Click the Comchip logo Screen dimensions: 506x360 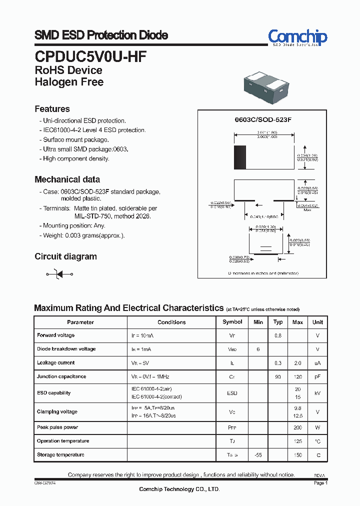297,37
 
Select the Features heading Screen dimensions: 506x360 52,109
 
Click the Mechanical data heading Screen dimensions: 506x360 67,179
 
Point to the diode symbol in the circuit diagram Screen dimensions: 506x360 59,274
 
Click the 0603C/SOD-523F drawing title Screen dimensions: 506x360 263,120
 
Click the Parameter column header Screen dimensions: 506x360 80,322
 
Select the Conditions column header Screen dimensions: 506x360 171,322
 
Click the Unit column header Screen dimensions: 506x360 317,322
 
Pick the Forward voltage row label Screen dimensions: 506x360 55,335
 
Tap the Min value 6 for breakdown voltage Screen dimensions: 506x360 258,349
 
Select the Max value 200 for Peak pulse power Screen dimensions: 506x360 298,428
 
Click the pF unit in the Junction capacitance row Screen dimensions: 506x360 317,377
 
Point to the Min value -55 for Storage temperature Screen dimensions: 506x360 258,455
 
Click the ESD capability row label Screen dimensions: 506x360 53,393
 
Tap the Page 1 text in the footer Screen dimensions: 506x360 320,483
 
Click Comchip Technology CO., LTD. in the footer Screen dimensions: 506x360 179,489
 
